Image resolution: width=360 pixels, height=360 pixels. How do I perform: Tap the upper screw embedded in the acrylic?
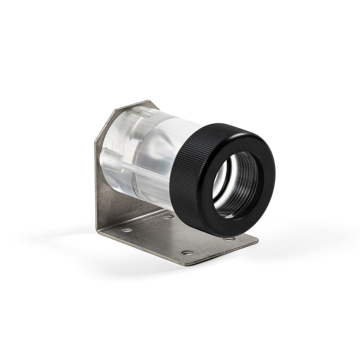pyautogui.click(x=139, y=113)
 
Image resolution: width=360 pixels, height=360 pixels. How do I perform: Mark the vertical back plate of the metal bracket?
pyautogui.click(x=109, y=193)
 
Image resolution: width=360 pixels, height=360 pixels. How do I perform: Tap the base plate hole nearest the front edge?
pyautogui.click(x=186, y=252)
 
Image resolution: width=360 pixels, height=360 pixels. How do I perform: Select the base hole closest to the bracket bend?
pyautogui.click(x=126, y=230)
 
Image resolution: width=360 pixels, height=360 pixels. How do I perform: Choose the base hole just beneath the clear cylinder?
pyautogui.click(x=168, y=216)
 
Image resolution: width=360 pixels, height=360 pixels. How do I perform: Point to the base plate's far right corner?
pyautogui.click(x=257, y=241)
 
